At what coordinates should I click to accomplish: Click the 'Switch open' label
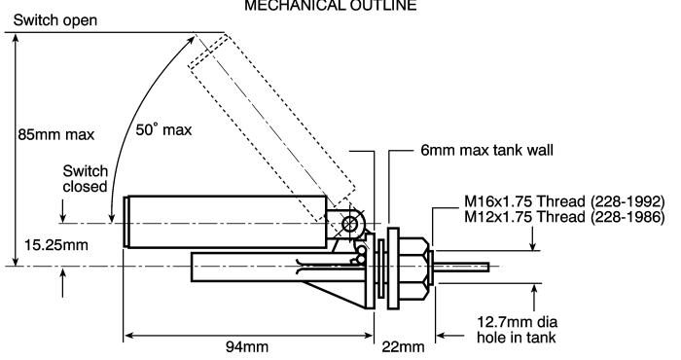55,20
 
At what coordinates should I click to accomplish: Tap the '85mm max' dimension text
56,134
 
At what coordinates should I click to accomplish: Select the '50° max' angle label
163,129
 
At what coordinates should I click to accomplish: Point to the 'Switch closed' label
86,178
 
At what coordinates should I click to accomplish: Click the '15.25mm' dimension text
56,245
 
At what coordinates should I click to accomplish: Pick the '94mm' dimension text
247,347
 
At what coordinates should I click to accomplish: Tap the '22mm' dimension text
403,347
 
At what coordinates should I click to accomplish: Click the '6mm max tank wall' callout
486,150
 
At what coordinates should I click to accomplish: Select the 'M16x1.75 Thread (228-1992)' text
564,201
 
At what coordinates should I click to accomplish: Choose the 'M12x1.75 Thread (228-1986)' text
564,216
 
